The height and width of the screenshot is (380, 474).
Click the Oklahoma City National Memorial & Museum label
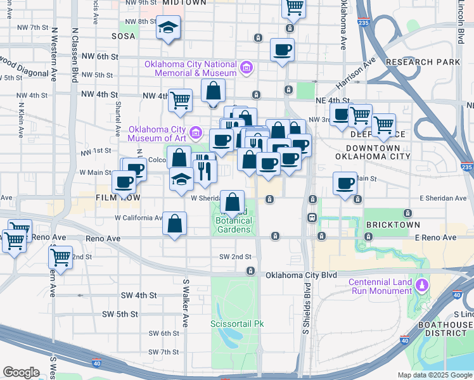pyautogui.click(x=190, y=68)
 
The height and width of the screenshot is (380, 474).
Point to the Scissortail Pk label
pyautogui.click(x=236, y=324)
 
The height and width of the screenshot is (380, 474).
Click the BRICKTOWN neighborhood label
pyautogui.click(x=393, y=225)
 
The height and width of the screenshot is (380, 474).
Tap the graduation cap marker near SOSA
pyautogui.click(x=169, y=28)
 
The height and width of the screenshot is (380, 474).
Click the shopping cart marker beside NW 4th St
pyautogui.click(x=181, y=99)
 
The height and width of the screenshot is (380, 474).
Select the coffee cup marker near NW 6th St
pyautogui.click(x=282, y=49)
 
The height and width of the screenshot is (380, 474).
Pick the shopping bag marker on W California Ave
pyautogui.click(x=174, y=223)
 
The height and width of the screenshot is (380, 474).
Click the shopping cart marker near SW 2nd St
pyautogui.click(x=61, y=257)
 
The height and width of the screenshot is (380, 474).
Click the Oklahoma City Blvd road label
pyautogui.click(x=301, y=275)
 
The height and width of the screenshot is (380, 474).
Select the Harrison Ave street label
pyautogui.click(x=356, y=73)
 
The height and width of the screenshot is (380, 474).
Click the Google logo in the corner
pyautogui.click(x=21, y=372)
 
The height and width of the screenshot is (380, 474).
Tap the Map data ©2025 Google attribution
pyautogui.click(x=434, y=375)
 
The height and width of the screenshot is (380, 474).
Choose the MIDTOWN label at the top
pyautogui.click(x=184, y=3)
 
